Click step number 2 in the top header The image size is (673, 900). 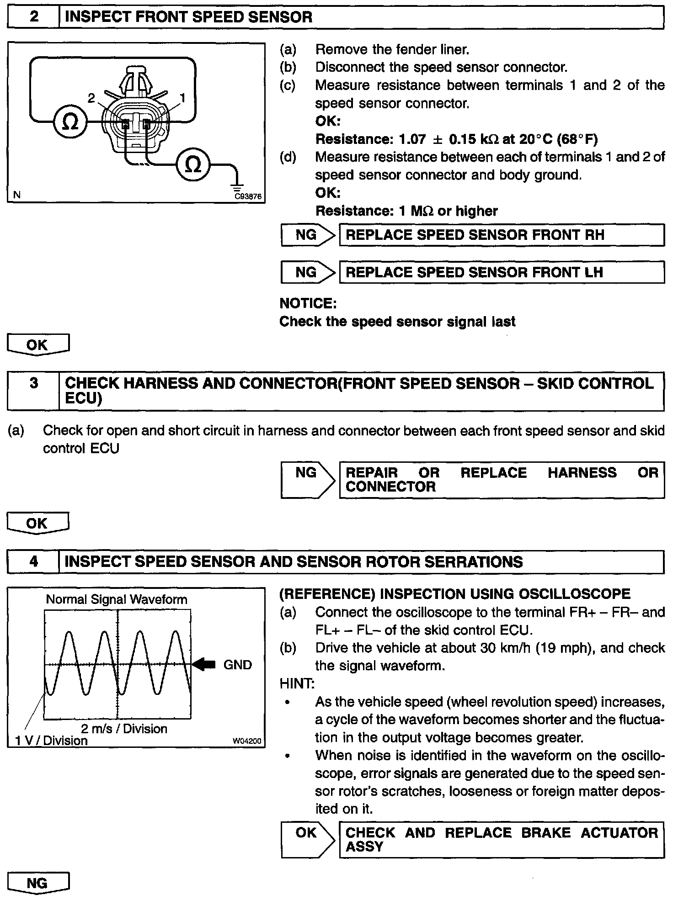(34, 17)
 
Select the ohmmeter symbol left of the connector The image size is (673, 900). (69, 122)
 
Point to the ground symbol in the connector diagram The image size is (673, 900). (237, 187)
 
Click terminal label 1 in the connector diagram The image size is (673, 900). (182, 98)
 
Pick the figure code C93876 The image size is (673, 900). (248, 196)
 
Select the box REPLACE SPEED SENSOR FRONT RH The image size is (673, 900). (502, 235)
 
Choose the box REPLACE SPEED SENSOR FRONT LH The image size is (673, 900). (502, 272)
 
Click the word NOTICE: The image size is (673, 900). (308, 303)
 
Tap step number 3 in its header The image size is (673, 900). (34, 383)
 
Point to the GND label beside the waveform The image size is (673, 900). (238, 665)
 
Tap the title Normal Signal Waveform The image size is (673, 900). (117, 599)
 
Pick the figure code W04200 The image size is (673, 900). (247, 741)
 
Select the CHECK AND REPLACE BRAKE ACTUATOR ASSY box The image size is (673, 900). (502, 839)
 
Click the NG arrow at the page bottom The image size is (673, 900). (37, 883)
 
